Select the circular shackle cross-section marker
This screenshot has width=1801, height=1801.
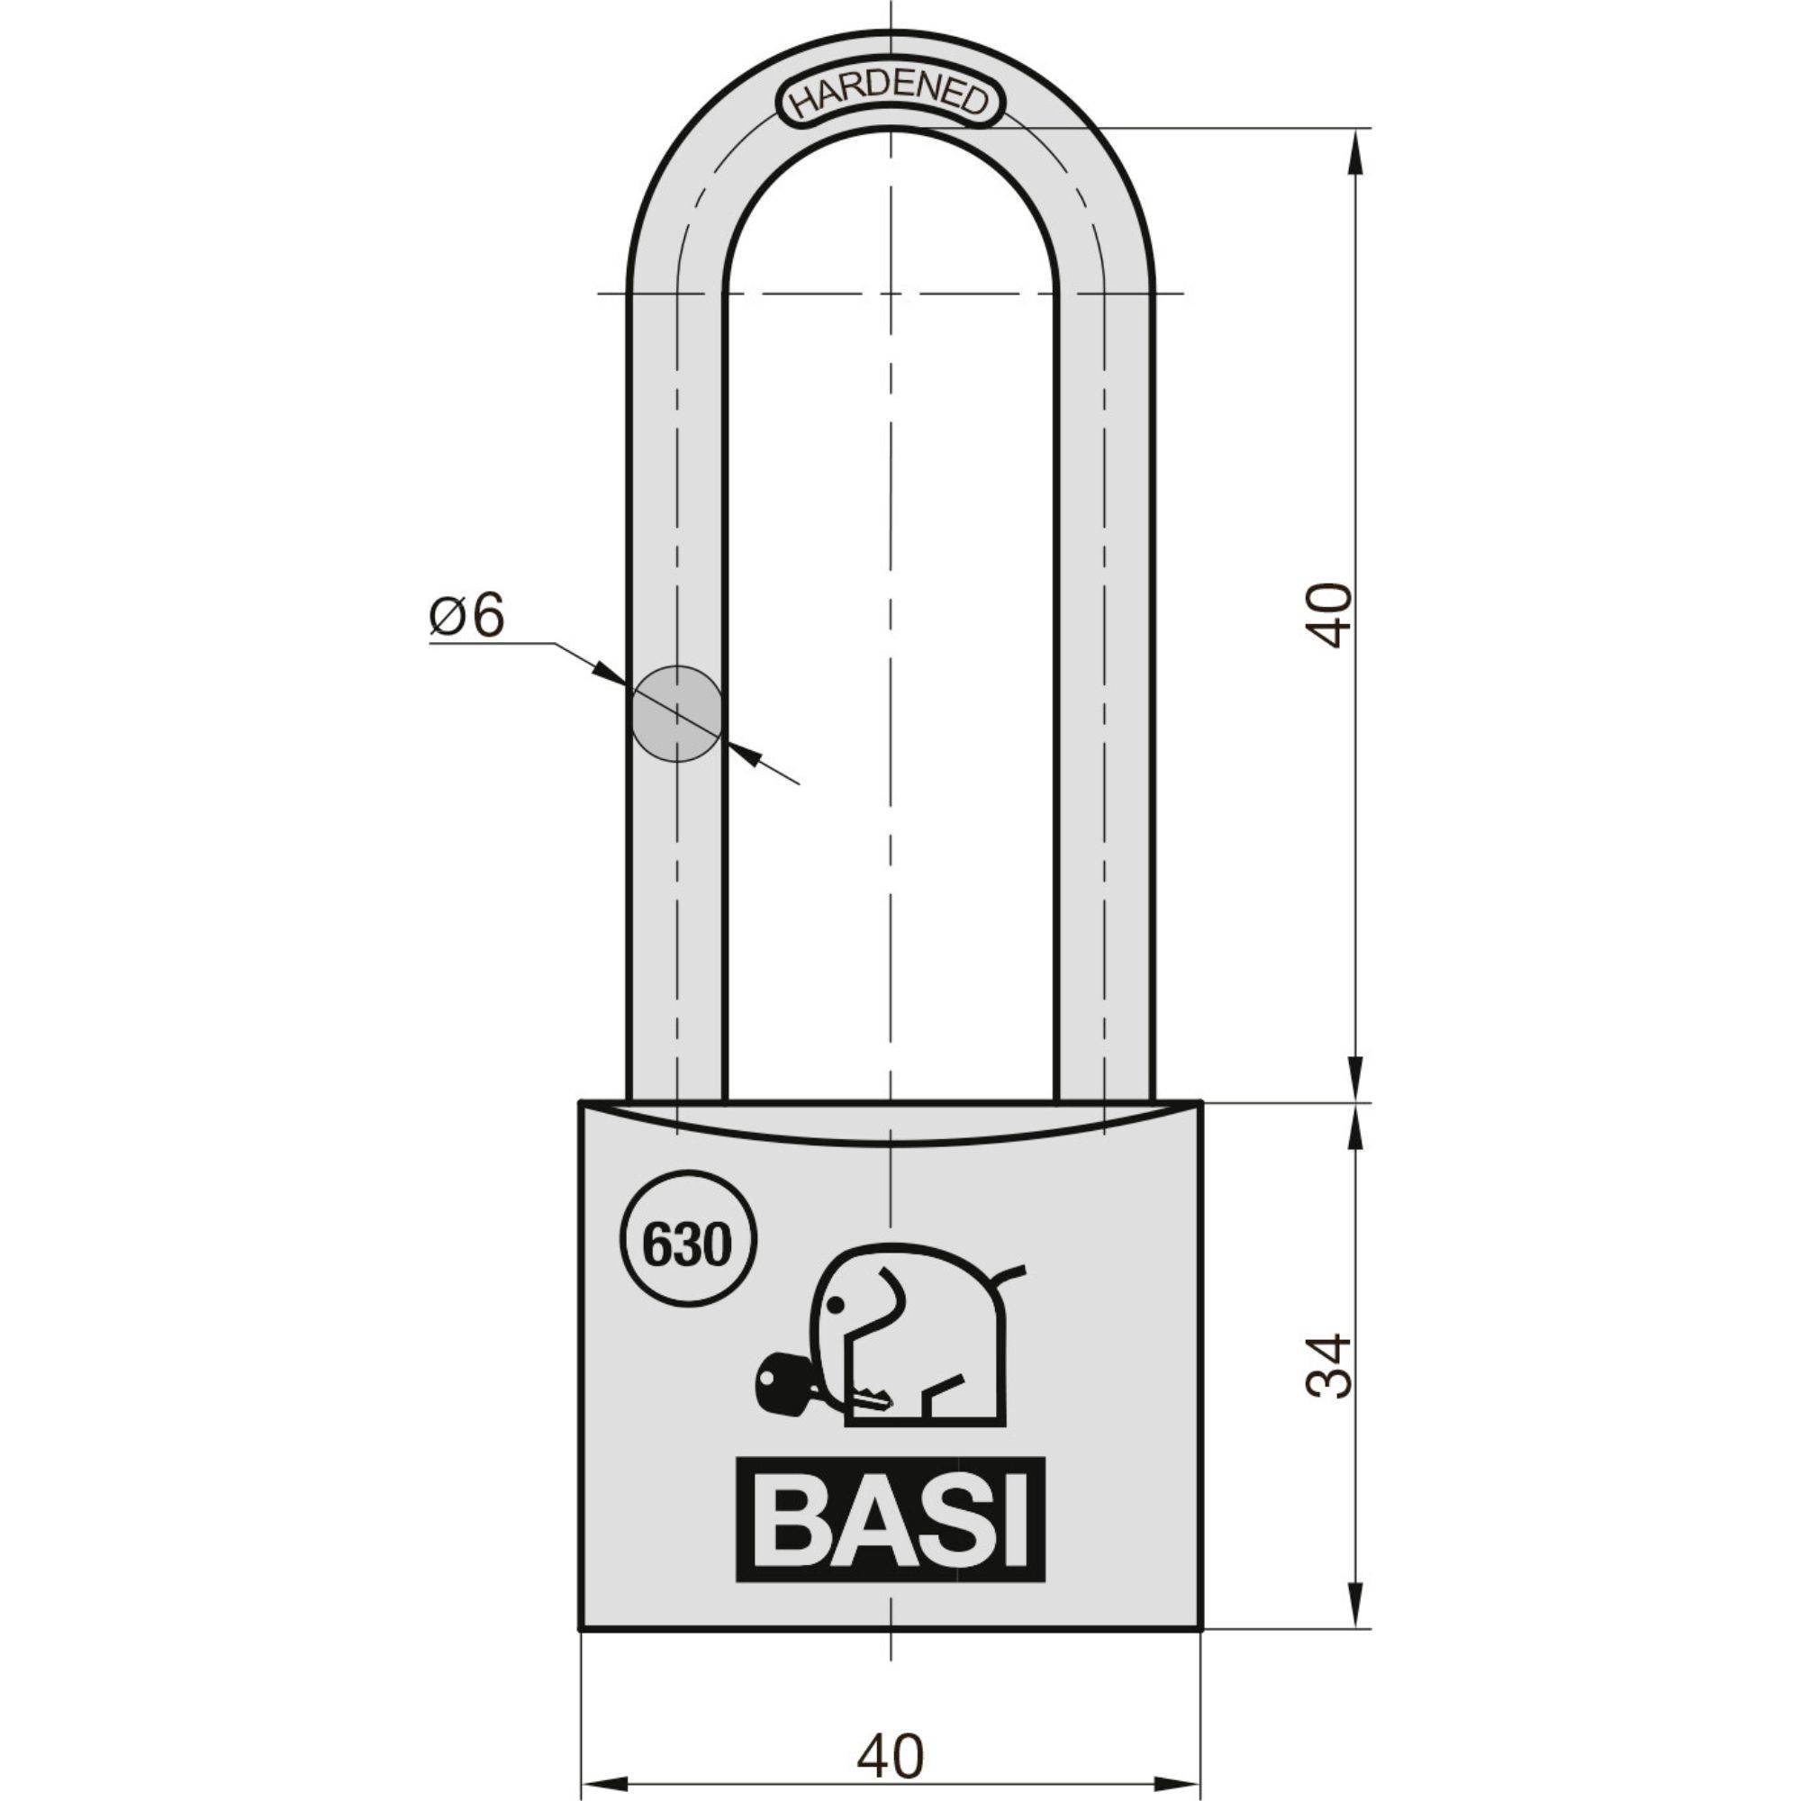677,713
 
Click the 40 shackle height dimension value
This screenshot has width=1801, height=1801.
1327,615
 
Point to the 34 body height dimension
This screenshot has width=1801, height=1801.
1327,1365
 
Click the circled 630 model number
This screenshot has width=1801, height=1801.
687,1245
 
